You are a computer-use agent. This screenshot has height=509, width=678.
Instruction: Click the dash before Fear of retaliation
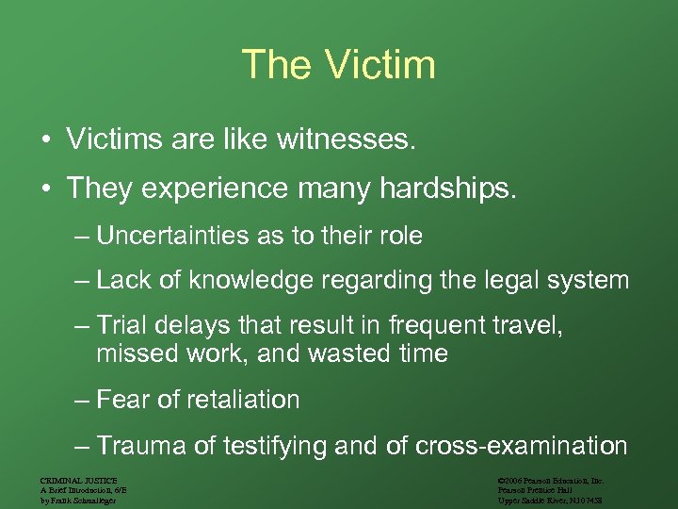point(82,401)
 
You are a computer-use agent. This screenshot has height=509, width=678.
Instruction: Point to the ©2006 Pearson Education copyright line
point(551,481)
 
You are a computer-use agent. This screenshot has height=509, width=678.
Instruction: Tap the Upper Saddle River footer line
point(551,500)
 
